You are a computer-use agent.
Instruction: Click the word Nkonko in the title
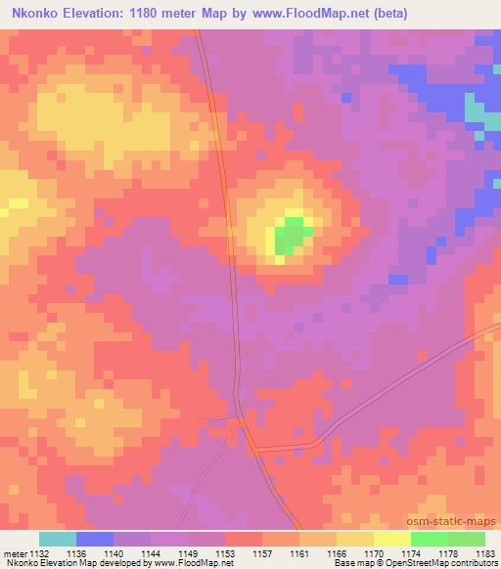(x=36, y=14)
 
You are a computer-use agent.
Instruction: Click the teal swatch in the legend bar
(x=58, y=539)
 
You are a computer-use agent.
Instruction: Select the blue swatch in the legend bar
(x=95, y=539)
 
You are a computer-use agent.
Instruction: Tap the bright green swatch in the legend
(x=430, y=539)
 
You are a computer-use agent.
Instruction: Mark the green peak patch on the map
(x=290, y=236)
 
